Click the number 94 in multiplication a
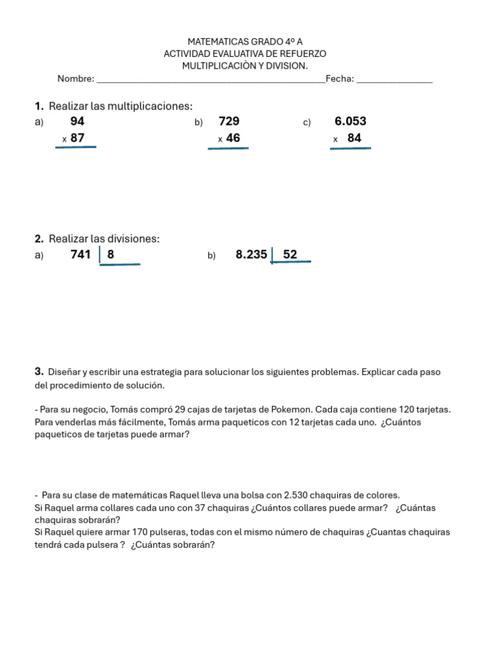(77, 121)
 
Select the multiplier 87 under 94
(77, 138)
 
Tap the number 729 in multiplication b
(229, 121)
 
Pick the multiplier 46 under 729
(233, 138)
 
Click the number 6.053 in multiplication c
(350, 121)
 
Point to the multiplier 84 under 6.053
(354, 138)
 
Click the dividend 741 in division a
(80, 254)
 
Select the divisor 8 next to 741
(111, 254)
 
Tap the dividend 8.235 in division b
(251, 254)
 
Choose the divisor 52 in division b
(290, 254)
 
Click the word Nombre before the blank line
(75, 79)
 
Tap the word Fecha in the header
(339, 79)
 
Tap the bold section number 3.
(38, 372)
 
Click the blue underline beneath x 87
(75, 147)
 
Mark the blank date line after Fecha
(394, 82)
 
